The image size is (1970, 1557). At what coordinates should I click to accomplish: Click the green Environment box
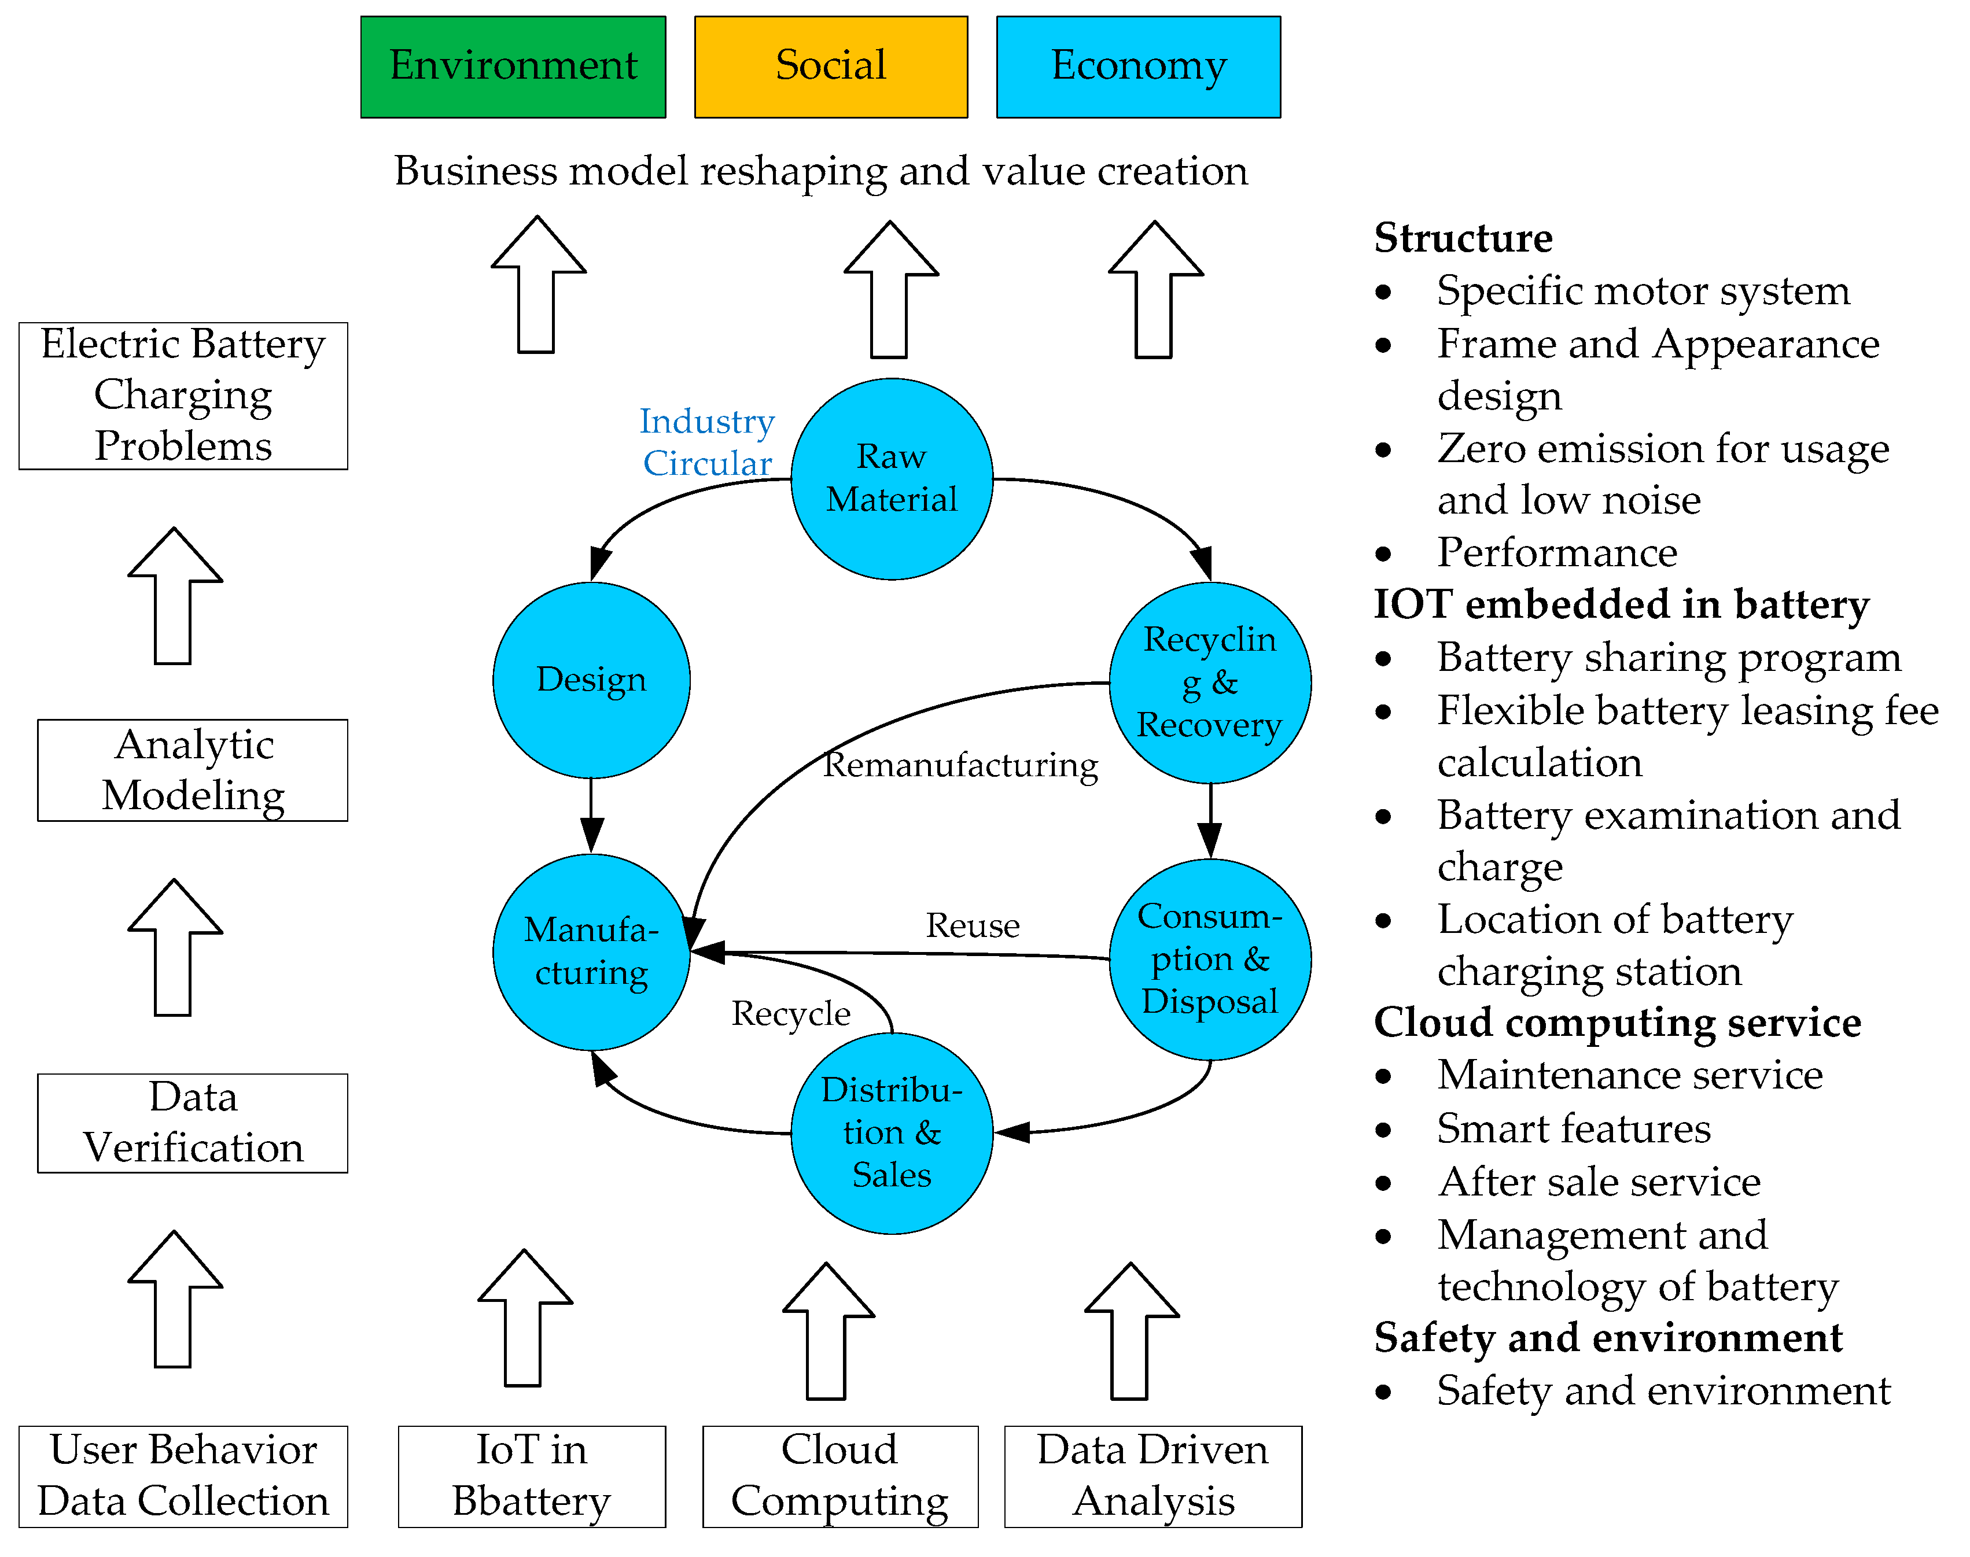[513, 67]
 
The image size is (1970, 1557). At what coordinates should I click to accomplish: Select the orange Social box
[830, 67]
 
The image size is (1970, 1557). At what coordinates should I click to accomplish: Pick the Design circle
[591, 680]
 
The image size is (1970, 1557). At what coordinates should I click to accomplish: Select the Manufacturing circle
[591, 951]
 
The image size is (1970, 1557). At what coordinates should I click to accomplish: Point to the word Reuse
[972, 925]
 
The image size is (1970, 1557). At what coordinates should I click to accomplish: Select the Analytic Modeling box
[192, 770]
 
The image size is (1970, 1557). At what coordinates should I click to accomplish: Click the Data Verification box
[192, 1123]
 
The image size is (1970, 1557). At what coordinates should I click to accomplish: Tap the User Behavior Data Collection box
[183, 1476]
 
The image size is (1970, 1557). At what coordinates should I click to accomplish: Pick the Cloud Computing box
[839, 1476]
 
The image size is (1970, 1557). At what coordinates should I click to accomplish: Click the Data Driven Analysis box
[1152, 1476]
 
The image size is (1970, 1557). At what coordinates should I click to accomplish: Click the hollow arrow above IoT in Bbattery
[525, 1318]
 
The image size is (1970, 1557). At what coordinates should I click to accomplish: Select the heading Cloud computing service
[1616, 1023]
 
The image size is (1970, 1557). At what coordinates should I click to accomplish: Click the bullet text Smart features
[1574, 1128]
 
